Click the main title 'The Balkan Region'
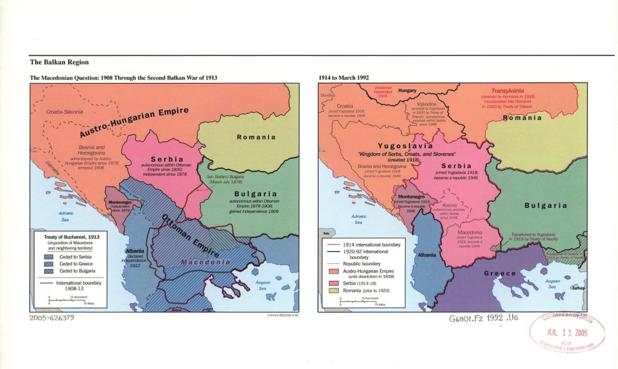(x=59, y=63)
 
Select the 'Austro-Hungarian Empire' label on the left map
(x=134, y=122)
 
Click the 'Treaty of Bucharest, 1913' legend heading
(x=68, y=237)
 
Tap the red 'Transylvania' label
(x=507, y=91)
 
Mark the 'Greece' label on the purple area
(x=499, y=273)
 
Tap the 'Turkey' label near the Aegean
(x=577, y=288)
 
